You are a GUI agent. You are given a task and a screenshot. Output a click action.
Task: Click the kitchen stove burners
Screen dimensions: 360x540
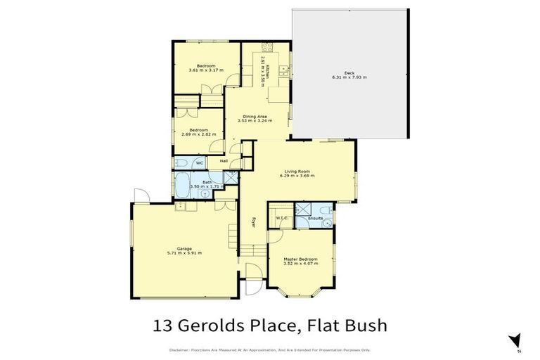pos(267,48)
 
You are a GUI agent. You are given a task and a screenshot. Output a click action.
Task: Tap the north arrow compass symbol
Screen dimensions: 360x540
pos(516,341)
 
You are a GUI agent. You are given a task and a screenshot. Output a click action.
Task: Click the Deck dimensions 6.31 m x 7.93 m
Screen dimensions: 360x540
pos(349,77)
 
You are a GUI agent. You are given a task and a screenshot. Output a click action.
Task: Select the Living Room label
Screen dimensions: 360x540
pos(297,171)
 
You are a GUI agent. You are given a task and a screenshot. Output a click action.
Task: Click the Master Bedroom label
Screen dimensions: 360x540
pos(300,259)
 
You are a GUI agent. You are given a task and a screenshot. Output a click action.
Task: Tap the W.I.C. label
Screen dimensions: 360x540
pos(282,218)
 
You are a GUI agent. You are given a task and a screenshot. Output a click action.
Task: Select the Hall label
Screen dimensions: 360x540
pos(224,162)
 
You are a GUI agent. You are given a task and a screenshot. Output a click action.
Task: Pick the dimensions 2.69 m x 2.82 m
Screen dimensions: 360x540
pos(198,134)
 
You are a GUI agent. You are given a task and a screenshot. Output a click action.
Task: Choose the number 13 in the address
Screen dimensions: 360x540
pos(162,326)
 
